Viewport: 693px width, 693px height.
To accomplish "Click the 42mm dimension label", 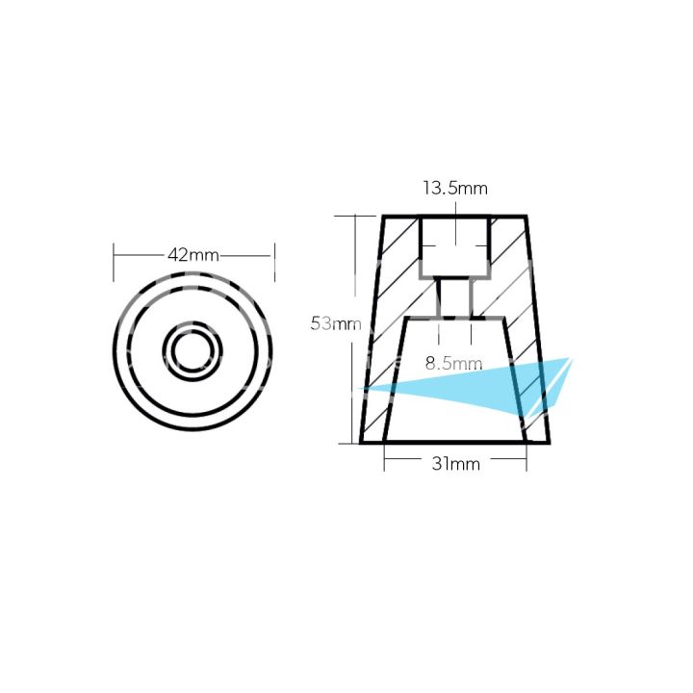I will (193, 255).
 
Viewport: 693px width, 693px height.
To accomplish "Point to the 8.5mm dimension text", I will (453, 364).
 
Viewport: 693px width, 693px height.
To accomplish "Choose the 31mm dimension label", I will (454, 465).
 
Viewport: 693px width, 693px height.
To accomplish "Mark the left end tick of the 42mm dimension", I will (115, 255).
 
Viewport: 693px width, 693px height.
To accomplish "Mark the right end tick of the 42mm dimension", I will (274, 255).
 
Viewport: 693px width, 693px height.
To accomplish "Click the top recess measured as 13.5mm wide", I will (454, 245).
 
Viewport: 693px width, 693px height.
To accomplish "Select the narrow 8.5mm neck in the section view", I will (454, 297).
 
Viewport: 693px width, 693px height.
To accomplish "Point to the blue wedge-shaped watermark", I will (481, 387).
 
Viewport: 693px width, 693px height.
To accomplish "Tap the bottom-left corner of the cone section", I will (361, 443).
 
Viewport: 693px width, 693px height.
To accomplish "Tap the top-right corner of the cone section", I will (526, 216).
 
